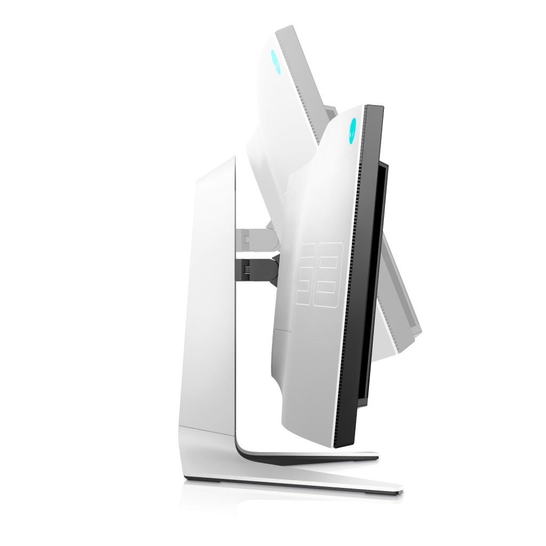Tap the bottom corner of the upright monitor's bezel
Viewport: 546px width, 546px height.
pos(341,445)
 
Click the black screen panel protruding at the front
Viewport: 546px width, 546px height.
pos(379,277)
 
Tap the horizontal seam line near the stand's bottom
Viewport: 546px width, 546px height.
pos(208,427)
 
